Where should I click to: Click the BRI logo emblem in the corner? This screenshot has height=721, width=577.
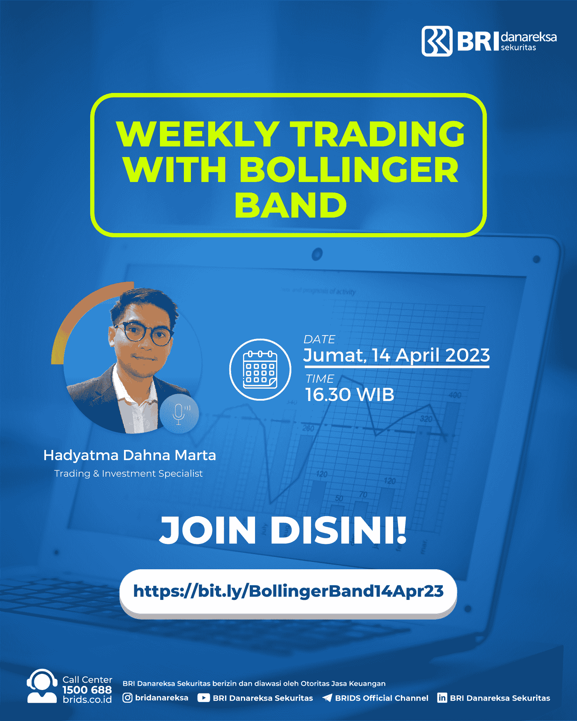tap(437, 41)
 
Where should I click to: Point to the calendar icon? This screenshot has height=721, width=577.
tap(260, 369)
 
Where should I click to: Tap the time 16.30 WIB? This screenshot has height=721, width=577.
tap(349, 394)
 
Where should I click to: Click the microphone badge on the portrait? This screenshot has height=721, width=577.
tap(179, 414)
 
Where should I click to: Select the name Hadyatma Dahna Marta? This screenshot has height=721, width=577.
tap(130, 455)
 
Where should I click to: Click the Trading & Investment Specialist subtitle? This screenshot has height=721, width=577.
tap(129, 474)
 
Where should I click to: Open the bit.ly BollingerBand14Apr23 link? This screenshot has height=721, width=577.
tap(288, 591)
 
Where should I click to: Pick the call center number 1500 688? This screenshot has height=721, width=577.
tap(87, 690)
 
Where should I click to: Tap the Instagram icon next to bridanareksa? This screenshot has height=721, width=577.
tap(127, 698)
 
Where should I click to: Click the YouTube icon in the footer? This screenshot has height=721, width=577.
tap(204, 698)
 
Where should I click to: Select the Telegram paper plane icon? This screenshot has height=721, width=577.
tap(327, 698)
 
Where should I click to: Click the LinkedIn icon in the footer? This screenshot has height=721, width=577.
tap(442, 698)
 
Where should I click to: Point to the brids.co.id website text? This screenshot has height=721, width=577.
tap(87, 700)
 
